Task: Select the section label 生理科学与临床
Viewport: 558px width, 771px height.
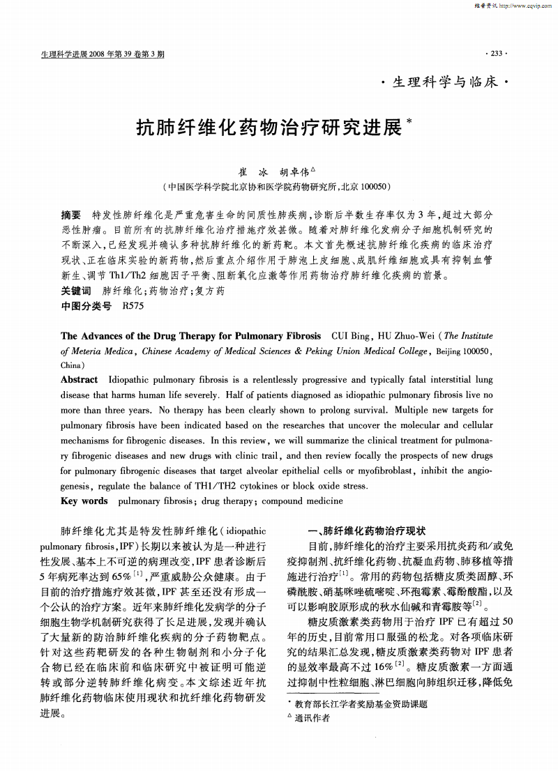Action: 446,83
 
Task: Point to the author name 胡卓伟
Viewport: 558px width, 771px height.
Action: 296,171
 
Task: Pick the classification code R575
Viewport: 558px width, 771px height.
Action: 133,305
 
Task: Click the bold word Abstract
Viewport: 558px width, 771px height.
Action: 80,380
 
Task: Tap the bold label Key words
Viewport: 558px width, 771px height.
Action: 84,501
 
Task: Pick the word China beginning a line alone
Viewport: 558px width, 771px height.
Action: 71,365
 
